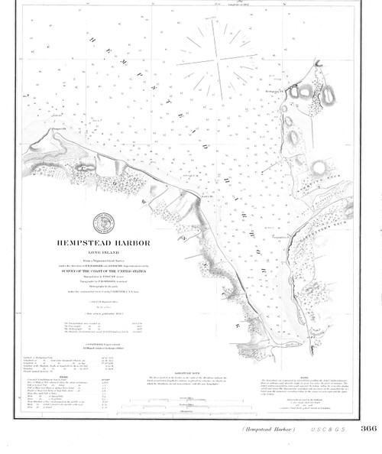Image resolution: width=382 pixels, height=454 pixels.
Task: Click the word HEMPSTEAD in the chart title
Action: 81,245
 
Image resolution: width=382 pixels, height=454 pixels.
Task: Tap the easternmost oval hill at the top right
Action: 329,95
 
